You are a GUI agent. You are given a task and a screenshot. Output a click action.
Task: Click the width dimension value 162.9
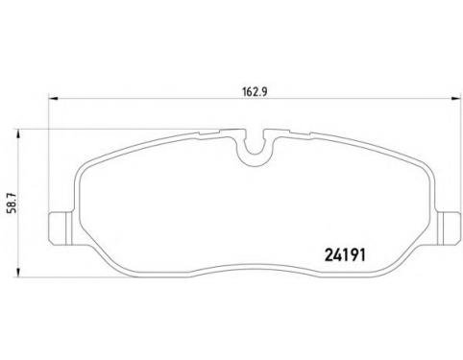tap(255, 92)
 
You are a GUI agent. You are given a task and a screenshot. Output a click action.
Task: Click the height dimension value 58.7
tap(14, 203)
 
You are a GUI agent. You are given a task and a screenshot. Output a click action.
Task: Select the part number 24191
tap(345, 255)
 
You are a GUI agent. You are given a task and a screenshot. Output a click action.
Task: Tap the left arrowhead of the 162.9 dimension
tap(53, 99)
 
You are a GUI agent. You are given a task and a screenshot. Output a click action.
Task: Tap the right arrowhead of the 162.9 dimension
tap(455, 99)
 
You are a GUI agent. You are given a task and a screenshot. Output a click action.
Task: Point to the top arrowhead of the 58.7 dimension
tap(18, 134)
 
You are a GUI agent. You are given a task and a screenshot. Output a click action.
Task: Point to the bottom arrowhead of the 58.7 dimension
tap(18, 272)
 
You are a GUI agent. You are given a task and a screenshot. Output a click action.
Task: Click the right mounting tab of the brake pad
tap(448, 228)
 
